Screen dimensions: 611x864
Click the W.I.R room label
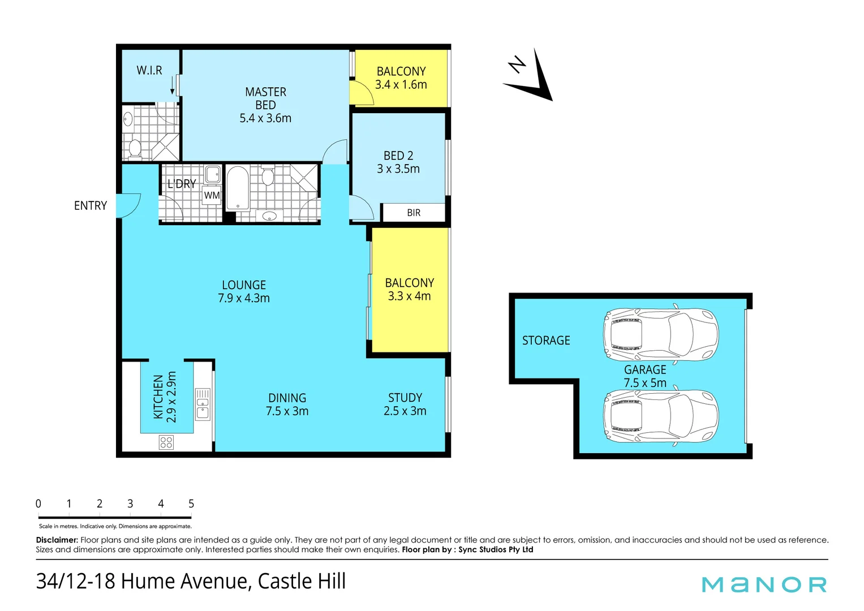click(149, 71)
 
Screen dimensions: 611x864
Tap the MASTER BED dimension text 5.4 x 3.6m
click(265, 118)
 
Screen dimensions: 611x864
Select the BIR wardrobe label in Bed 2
click(414, 213)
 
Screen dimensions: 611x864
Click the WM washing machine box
click(212, 195)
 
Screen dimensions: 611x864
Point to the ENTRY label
click(91, 206)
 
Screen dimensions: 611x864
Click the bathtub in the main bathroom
click(238, 188)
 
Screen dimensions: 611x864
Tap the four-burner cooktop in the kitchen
click(166, 442)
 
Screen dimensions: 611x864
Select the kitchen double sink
click(203, 404)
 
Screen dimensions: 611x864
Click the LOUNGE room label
click(244, 285)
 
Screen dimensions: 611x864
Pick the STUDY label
click(405, 398)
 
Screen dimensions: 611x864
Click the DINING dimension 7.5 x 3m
click(287, 411)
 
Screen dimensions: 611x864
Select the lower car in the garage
click(660, 417)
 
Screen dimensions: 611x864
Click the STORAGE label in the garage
click(546, 341)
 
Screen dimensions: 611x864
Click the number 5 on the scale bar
click(191, 504)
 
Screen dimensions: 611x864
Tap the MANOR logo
click(764, 584)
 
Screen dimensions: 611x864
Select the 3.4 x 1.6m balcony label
click(401, 85)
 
